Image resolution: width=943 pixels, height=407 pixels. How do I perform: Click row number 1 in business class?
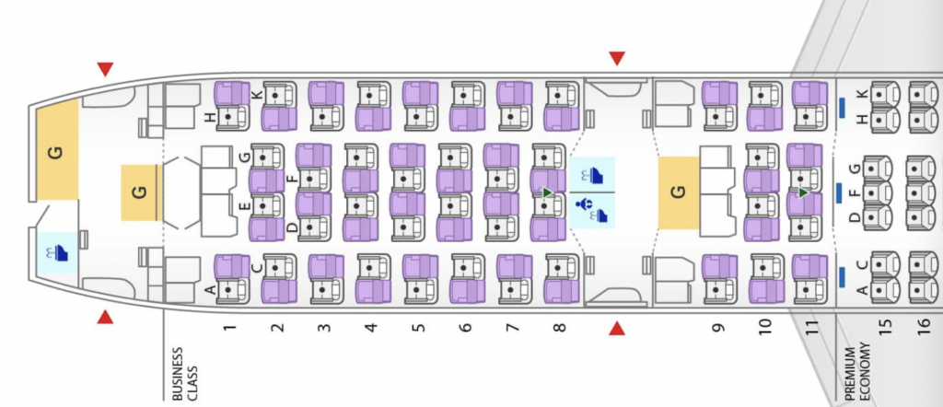(x=229, y=327)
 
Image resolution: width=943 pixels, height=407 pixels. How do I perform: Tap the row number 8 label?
(x=559, y=327)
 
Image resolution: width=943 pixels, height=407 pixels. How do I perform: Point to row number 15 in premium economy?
(x=886, y=327)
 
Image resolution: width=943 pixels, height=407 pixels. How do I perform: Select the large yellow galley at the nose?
(x=57, y=152)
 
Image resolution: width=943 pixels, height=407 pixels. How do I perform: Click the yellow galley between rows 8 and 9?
(x=679, y=192)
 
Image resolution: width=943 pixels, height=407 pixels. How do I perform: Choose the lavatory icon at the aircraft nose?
(x=56, y=251)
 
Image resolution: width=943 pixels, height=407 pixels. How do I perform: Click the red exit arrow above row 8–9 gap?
(x=617, y=59)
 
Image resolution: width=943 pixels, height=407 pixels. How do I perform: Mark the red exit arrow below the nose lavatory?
(x=106, y=318)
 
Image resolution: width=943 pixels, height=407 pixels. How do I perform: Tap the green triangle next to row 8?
(x=547, y=192)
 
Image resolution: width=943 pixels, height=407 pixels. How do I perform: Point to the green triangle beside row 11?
(x=804, y=192)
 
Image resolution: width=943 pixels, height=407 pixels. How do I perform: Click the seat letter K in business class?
(x=258, y=95)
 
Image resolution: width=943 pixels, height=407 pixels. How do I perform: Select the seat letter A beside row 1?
(x=209, y=290)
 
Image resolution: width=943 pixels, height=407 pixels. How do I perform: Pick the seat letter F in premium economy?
(x=855, y=192)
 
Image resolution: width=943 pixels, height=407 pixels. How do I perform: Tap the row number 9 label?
(x=717, y=327)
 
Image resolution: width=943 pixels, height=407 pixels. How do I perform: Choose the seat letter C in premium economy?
(x=862, y=266)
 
